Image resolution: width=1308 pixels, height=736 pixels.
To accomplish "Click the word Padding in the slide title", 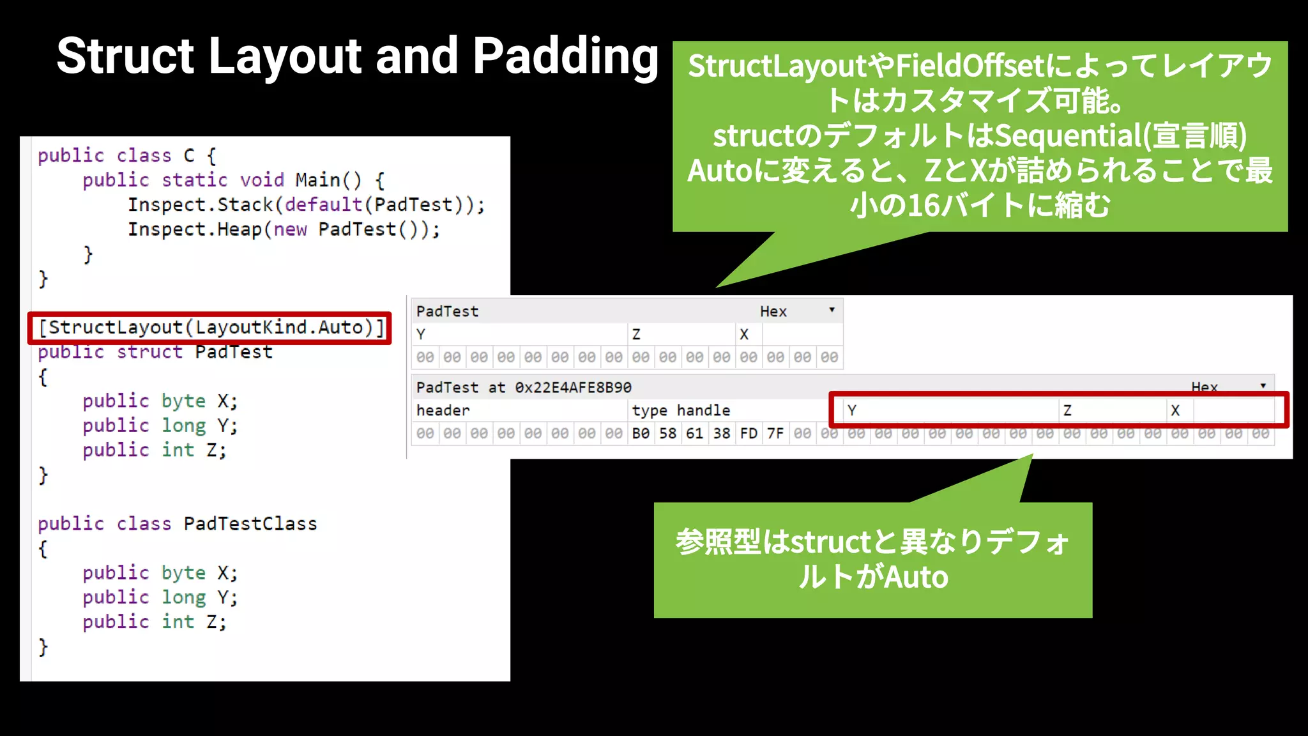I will [565, 56].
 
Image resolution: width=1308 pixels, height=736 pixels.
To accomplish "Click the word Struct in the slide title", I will [125, 56].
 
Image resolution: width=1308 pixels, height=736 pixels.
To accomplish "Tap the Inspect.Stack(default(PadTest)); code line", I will [306, 205].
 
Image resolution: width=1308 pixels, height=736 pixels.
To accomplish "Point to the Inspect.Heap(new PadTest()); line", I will [284, 229].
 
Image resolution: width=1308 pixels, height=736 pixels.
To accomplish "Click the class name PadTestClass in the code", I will [250, 524].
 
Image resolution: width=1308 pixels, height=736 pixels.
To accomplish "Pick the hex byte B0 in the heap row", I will [641, 434].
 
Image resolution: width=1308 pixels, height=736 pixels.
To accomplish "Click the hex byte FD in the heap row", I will [749, 434].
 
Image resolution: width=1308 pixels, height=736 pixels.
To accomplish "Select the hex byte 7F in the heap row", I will [775, 434].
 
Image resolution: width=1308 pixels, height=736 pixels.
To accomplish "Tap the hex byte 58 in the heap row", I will [667, 434].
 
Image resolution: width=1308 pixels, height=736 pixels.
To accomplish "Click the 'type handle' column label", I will [681, 410].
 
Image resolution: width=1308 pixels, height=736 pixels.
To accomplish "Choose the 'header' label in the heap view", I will [443, 410].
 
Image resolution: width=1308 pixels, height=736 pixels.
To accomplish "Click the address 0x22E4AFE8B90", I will [573, 387].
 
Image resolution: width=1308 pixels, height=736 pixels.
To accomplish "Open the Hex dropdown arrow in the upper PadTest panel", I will [832, 310].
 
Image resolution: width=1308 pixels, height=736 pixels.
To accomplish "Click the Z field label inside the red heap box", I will [1067, 410].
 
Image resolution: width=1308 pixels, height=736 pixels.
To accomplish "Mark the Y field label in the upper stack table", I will [421, 334].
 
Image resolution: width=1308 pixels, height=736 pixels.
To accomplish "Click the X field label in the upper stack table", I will [744, 334].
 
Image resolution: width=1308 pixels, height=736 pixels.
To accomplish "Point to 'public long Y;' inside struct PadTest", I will [160, 425].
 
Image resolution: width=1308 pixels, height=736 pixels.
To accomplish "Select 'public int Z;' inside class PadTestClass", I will [155, 622].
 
